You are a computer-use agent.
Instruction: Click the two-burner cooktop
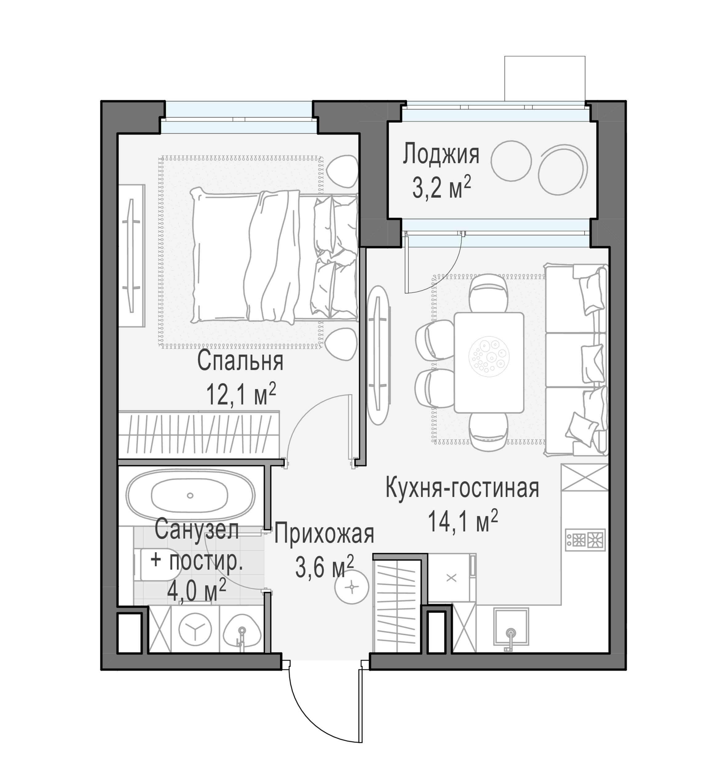[x=585, y=540]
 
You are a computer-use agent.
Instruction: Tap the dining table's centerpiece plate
[x=489, y=356]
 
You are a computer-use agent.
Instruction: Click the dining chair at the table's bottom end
[x=488, y=432]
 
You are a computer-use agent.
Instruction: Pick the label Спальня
[x=240, y=361]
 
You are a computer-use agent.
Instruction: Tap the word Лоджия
[x=441, y=154]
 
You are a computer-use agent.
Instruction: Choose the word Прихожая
[x=324, y=533]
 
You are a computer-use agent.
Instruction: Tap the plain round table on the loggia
[x=511, y=161]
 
